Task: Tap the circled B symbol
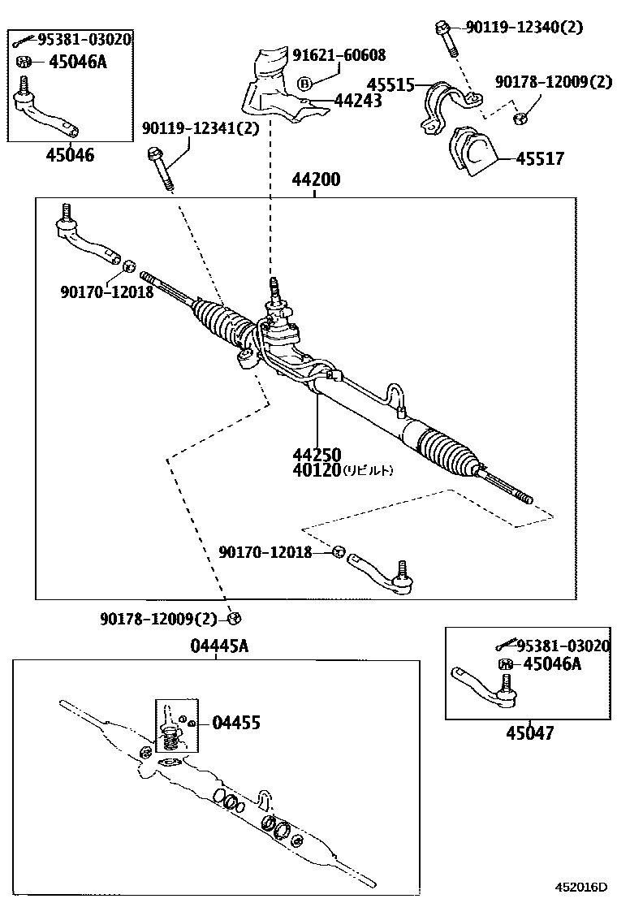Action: coord(304,83)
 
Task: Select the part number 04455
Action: coord(236,722)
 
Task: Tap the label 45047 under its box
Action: coord(530,733)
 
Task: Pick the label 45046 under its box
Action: coord(69,155)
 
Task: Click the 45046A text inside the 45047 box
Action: coord(552,664)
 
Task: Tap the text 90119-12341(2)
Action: coord(189,128)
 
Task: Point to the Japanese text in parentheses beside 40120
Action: coord(368,470)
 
